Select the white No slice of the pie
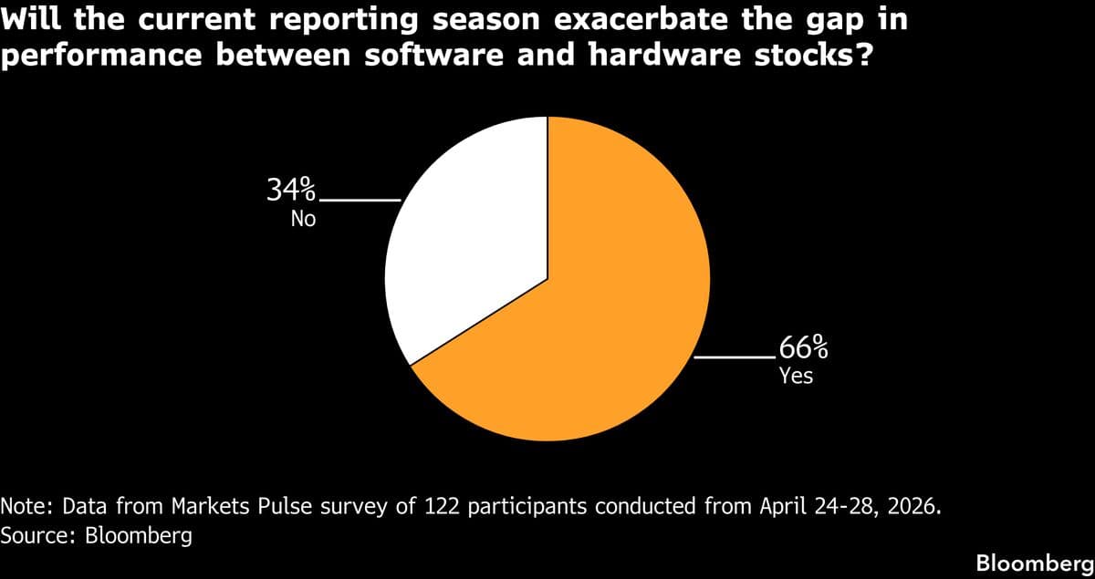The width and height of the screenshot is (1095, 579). click(465, 246)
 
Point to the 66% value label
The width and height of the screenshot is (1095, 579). click(803, 347)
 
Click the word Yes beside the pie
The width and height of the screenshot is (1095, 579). click(796, 375)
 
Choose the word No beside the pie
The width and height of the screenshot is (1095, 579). click(303, 219)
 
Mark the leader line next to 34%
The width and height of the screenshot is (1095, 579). click(360, 200)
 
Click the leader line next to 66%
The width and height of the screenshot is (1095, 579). click(735, 358)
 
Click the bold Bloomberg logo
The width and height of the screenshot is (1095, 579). click(1033, 563)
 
